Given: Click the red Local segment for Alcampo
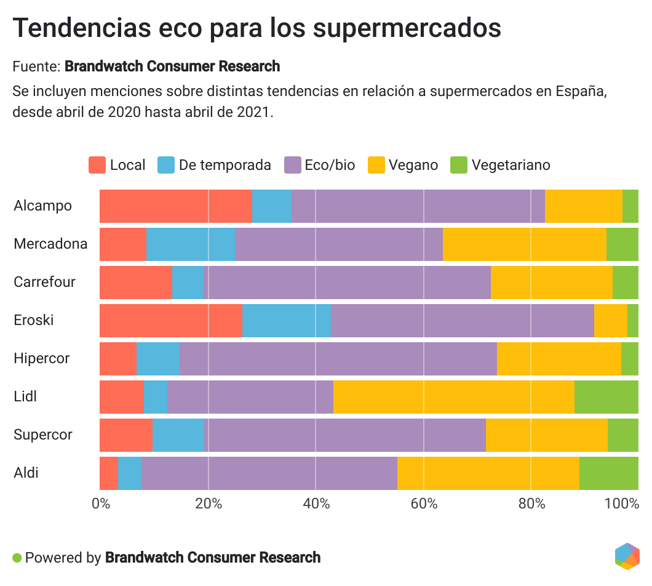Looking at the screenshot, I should pyautogui.click(x=175, y=206).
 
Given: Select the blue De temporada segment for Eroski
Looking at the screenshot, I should pyautogui.click(x=286, y=320).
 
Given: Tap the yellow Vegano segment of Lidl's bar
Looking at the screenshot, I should pyautogui.click(x=453, y=396).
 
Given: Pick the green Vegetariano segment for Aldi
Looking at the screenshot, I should pyautogui.click(x=608, y=473).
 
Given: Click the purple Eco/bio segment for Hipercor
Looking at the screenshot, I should pyautogui.click(x=338, y=358).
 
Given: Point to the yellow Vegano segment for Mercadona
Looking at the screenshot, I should pyautogui.click(x=524, y=244).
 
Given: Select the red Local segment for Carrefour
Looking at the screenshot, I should pyautogui.click(x=135, y=282).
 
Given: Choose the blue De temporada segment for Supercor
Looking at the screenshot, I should pyautogui.click(x=178, y=435).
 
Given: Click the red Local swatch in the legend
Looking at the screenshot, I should pyautogui.click(x=97, y=165).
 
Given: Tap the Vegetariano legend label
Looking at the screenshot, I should pyautogui.click(x=511, y=165).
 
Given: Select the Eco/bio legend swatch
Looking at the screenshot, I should pyautogui.click(x=293, y=165).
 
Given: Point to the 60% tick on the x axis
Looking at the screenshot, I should pyautogui.click(x=424, y=503).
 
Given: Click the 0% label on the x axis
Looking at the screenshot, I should pyautogui.click(x=101, y=503).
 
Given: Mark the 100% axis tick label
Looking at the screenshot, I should pyautogui.click(x=622, y=503).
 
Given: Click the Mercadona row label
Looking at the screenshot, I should pyautogui.click(x=50, y=244).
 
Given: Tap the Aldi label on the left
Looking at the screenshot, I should pyautogui.click(x=26, y=473).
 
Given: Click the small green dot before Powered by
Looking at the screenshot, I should pyautogui.click(x=17, y=558).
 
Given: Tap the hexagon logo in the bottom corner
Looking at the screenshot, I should pyautogui.click(x=627, y=556).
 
